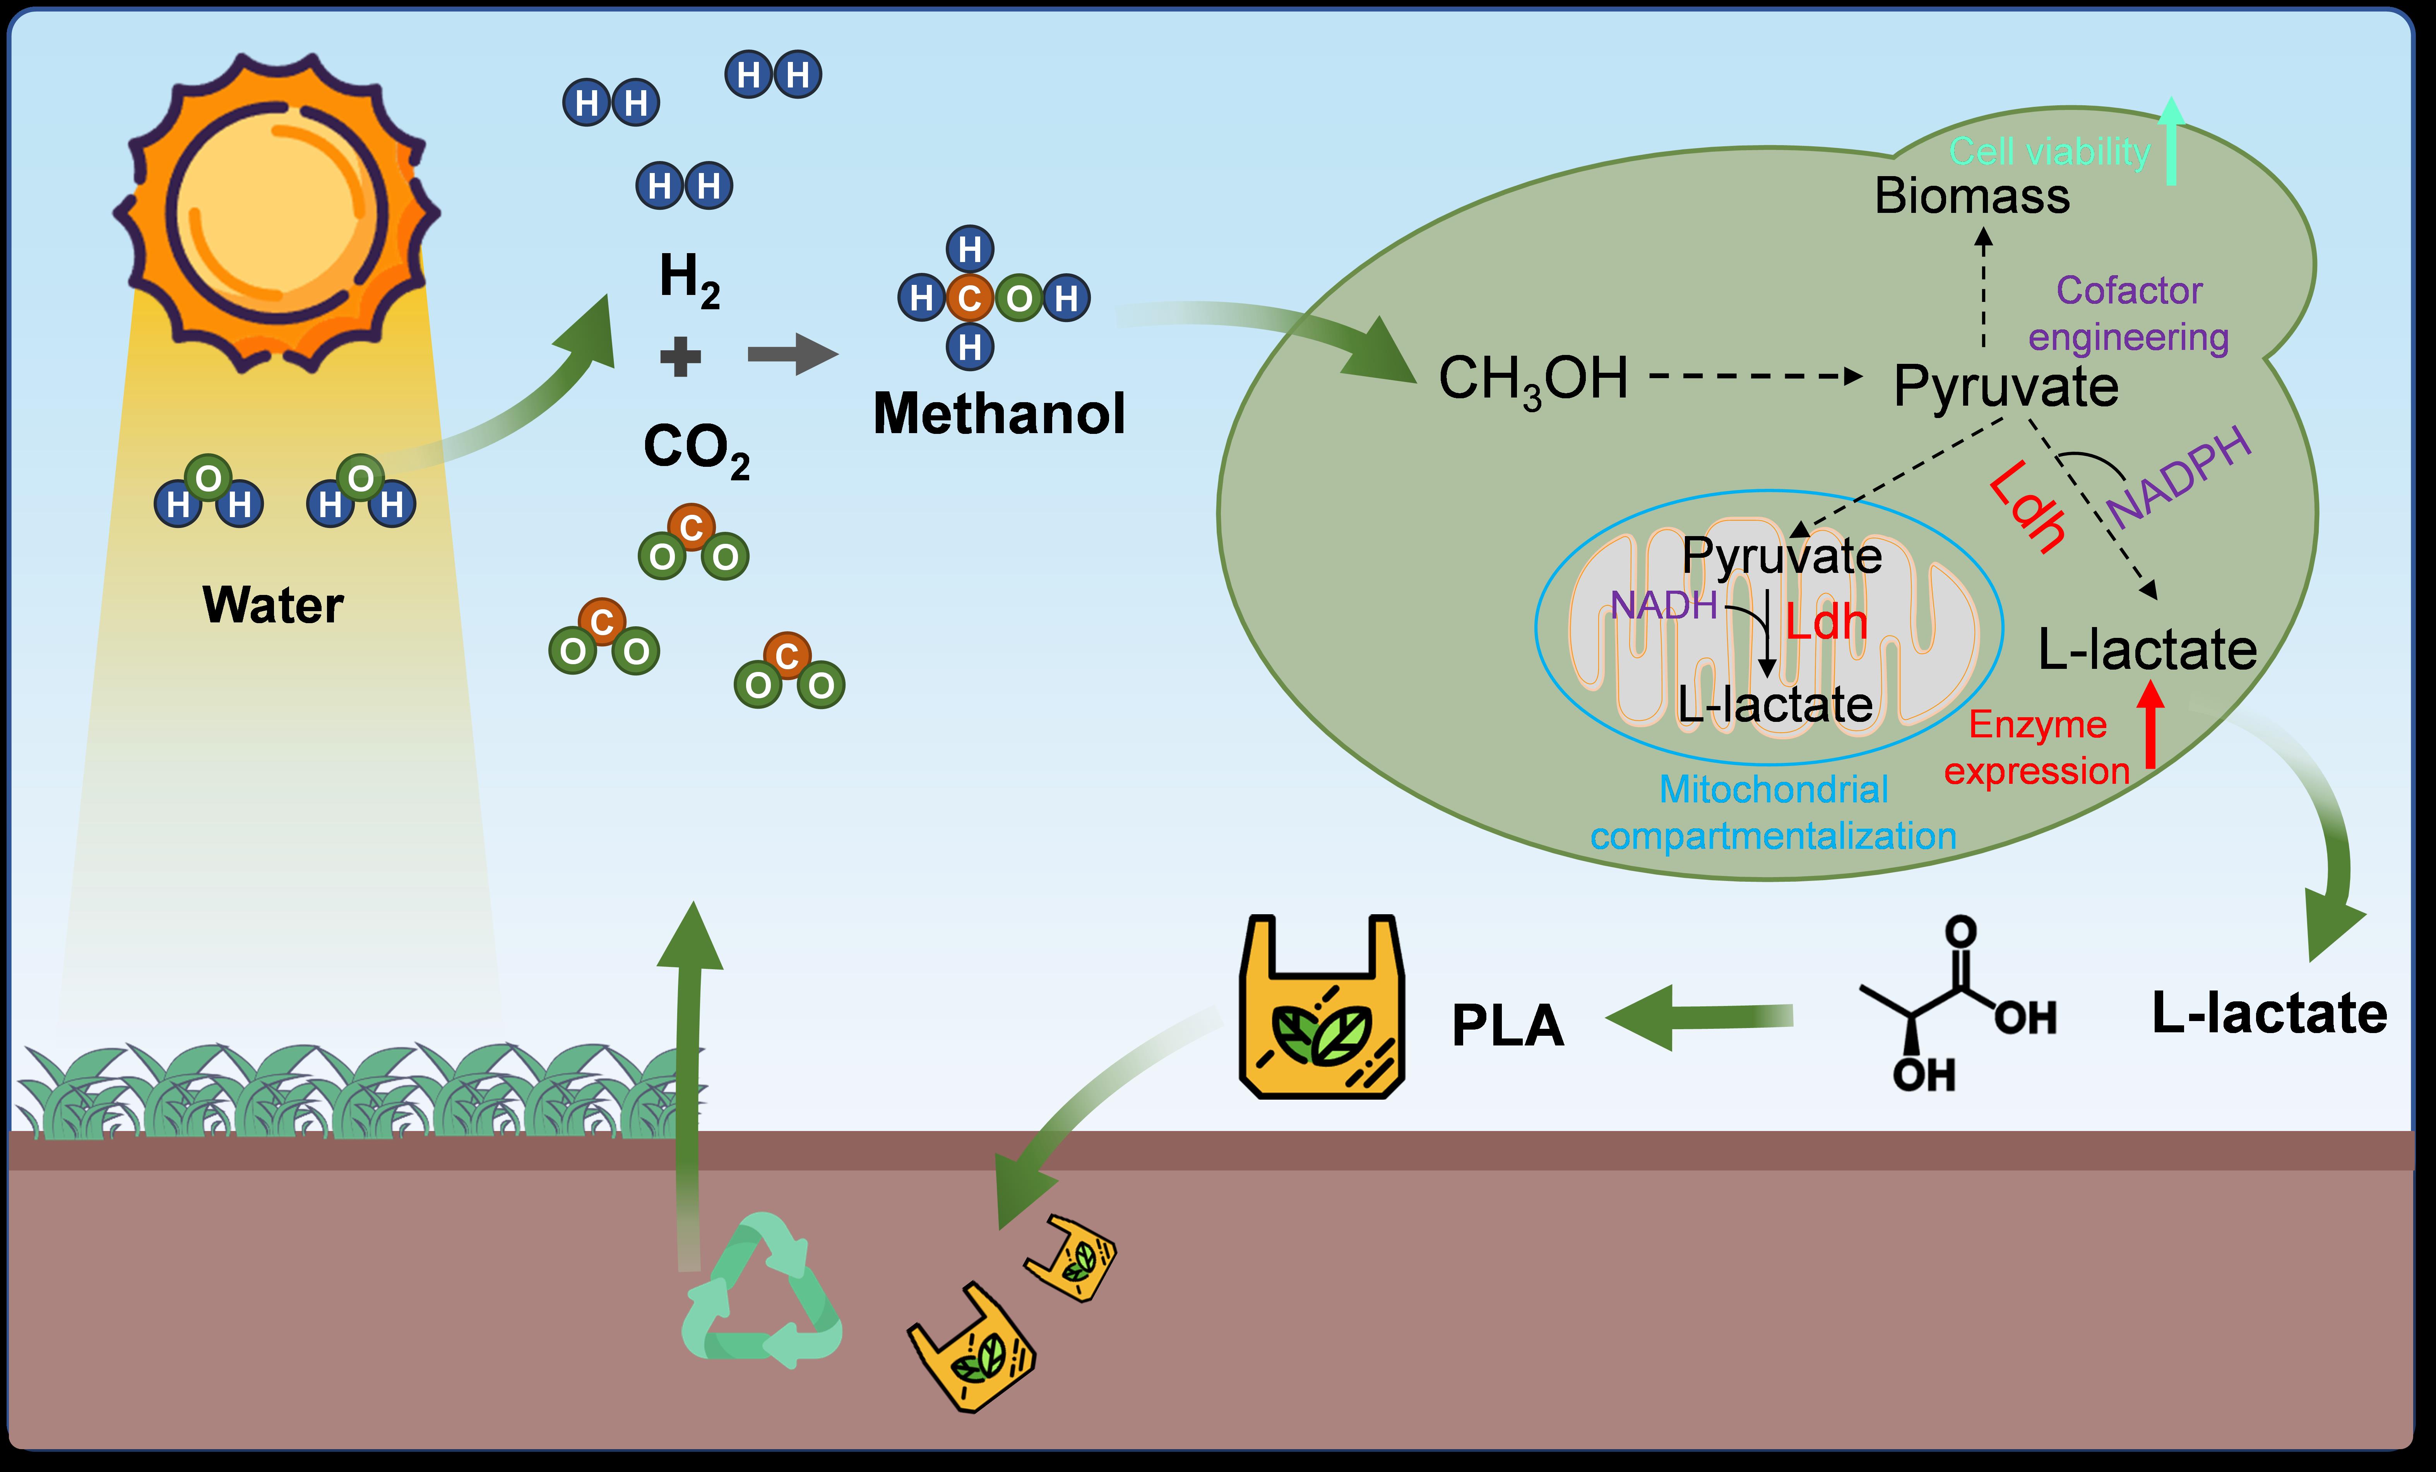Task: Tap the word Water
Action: [273, 605]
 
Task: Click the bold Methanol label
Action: [998, 413]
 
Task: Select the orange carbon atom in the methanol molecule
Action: [970, 298]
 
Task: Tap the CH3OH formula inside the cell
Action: [1532, 379]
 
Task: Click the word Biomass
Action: [1971, 196]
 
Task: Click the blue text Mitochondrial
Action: [1774, 789]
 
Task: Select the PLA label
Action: [1508, 1025]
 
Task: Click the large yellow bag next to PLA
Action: [1322, 1008]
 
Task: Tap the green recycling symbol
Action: [761, 1290]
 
